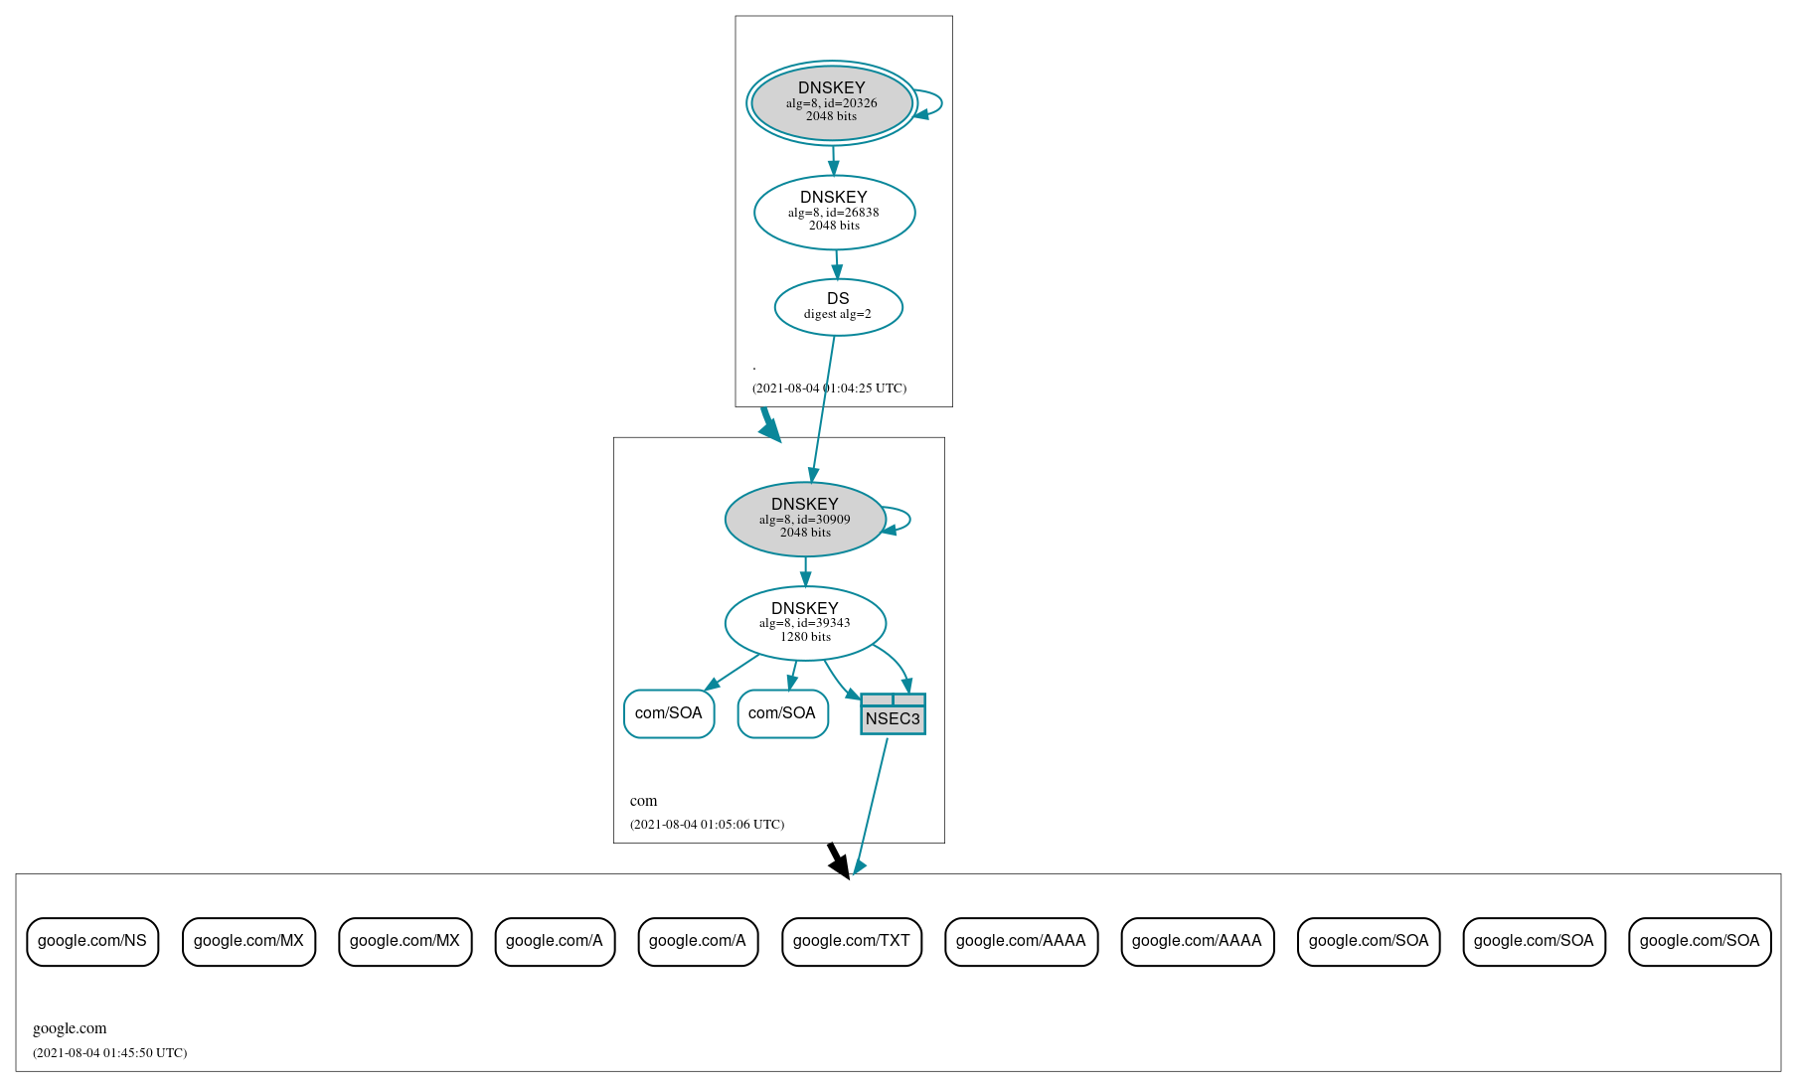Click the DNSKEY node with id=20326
(x=832, y=102)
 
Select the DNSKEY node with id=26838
(x=834, y=212)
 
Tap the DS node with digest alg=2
(x=838, y=307)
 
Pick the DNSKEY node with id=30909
(x=805, y=519)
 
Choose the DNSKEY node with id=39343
(x=805, y=623)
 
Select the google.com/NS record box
(x=92, y=941)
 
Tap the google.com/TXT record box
(x=851, y=941)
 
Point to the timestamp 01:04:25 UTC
(x=829, y=388)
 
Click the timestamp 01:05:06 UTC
(x=707, y=825)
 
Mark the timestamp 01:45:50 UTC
(x=109, y=1053)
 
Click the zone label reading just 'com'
(x=643, y=801)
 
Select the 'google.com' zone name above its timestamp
(x=70, y=1028)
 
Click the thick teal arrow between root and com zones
(x=769, y=425)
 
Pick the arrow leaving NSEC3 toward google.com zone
(x=872, y=805)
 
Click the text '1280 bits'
(x=805, y=637)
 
